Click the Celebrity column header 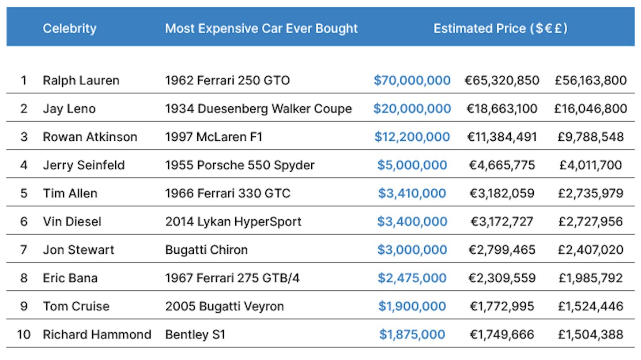pyautogui.click(x=70, y=29)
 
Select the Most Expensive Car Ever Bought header pyautogui.click(x=261, y=29)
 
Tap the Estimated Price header pyautogui.click(x=501, y=28)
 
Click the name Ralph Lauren pyautogui.click(x=81, y=80)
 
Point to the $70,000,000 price pyautogui.click(x=412, y=80)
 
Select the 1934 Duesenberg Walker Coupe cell pyautogui.click(x=258, y=109)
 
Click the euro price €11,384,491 pyautogui.click(x=502, y=137)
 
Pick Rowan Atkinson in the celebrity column pyautogui.click(x=90, y=137)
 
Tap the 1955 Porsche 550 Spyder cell pyautogui.click(x=240, y=165)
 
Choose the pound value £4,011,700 pyautogui.click(x=590, y=165)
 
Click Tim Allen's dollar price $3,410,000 pyautogui.click(x=412, y=193)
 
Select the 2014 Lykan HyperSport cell pyautogui.click(x=233, y=221)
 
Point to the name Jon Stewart pyautogui.click(x=79, y=250)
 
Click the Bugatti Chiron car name pyautogui.click(x=206, y=250)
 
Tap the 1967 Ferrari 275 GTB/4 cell pyautogui.click(x=232, y=278)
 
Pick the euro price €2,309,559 pyautogui.click(x=502, y=278)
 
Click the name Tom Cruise pyautogui.click(x=76, y=306)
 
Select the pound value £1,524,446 pyautogui.click(x=591, y=306)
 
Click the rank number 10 pyautogui.click(x=24, y=334)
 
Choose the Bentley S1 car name pyautogui.click(x=196, y=334)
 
